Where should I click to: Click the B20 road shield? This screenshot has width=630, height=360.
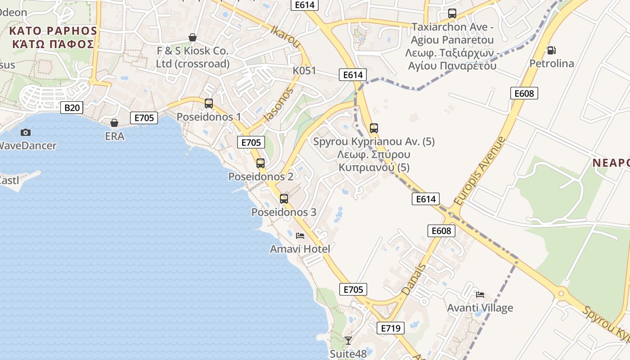coord(72,108)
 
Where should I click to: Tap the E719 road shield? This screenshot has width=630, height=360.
coord(391,328)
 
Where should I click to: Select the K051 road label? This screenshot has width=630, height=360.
coord(305,71)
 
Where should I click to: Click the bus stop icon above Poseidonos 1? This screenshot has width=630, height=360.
coord(209,103)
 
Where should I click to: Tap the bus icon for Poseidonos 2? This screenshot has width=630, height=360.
coord(261,163)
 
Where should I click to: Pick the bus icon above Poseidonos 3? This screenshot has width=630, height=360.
coord(284,199)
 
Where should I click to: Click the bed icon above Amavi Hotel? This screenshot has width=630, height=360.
coord(300,235)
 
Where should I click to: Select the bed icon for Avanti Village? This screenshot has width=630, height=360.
coord(480,295)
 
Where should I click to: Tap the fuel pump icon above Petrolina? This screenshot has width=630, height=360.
coord(551,50)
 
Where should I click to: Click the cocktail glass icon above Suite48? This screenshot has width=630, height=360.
coord(348,340)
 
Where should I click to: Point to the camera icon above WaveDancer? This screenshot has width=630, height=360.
coord(26,132)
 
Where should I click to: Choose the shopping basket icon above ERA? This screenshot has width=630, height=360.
coord(114,123)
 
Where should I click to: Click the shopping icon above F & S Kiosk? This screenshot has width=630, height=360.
coord(193,37)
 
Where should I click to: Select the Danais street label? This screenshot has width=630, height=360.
coord(414,279)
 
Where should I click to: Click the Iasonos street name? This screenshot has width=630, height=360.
coord(279,104)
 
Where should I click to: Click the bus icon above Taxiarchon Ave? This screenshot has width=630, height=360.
coord(452,13)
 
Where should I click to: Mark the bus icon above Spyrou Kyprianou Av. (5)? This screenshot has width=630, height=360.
coord(374,128)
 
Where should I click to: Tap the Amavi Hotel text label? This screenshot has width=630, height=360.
coord(300,249)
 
